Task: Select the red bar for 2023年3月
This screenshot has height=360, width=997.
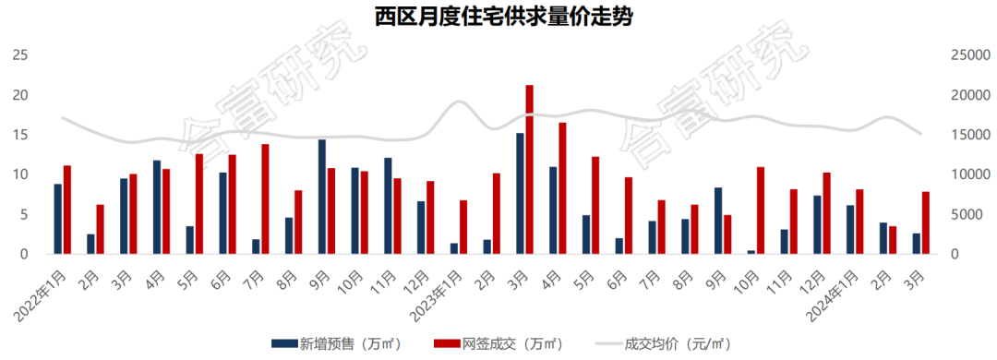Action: point(529,170)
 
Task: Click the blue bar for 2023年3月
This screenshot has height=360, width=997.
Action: point(520,194)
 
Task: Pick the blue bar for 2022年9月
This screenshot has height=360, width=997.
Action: point(321,197)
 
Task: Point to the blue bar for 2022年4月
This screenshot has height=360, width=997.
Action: point(157,208)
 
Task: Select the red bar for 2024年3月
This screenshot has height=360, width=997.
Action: point(925,222)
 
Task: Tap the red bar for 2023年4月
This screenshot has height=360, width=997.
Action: point(562,188)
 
